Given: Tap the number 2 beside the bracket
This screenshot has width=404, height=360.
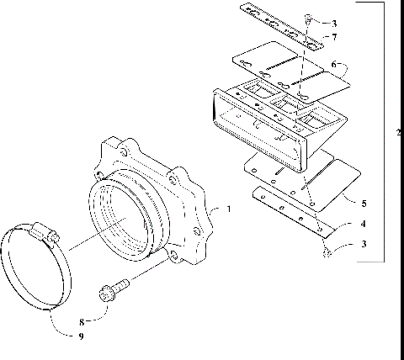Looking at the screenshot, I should coord(397,133).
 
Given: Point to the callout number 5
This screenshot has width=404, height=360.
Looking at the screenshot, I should coord(364,203).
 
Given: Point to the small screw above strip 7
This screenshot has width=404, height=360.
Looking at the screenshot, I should coord(311,17).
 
